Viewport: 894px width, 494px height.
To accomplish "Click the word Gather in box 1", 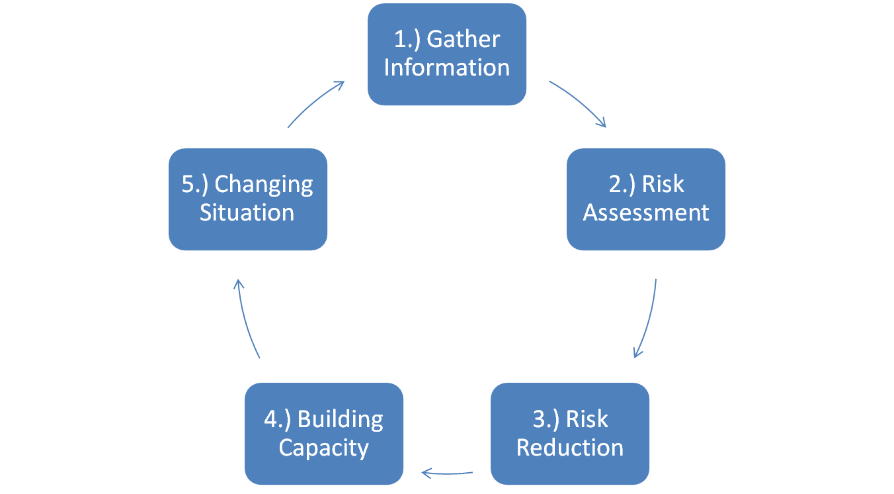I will (x=464, y=40).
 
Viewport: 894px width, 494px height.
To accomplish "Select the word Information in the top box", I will (x=447, y=68).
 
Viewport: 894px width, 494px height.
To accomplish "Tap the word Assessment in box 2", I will (x=646, y=213).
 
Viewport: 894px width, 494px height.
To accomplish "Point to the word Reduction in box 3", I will (x=570, y=448).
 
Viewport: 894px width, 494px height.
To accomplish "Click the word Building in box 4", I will (x=341, y=420).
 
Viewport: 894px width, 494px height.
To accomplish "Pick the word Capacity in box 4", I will (x=324, y=448).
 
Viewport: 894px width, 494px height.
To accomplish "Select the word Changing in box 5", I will (x=264, y=185).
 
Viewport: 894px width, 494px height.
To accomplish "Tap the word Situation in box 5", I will (x=247, y=213).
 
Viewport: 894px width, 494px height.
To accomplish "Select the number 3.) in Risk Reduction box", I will (x=546, y=420).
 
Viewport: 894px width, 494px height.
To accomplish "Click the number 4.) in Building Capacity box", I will (x=278, y=420).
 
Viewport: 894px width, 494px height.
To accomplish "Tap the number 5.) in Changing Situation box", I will (x=195, y=185).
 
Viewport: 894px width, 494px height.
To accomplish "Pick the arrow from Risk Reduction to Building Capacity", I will (x=447, y=473).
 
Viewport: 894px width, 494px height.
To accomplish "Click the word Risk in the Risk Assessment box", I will (x=663, y=185).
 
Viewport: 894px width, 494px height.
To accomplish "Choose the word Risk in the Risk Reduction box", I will (x=587, y=420).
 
